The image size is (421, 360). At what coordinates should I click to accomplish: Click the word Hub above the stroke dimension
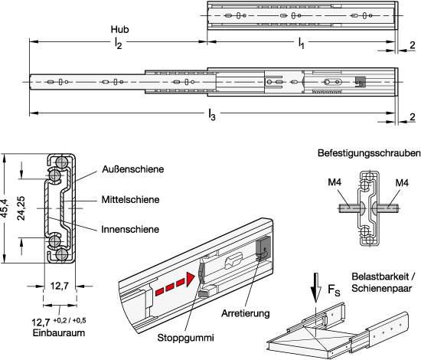pyautogui.click(x=119, y=29)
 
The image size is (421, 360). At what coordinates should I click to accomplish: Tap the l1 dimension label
pyautogui.click(x=302, y=43)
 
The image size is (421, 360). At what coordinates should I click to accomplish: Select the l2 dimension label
pyautogui.click(x=118, y=43)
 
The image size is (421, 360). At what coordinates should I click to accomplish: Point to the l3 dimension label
pyautogui.click(x=212, y=115)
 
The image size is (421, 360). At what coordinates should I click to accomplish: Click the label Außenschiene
pyautogui.click(x=133, y=169)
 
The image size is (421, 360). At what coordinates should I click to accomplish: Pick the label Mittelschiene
pyautogui.click(x=130, y=200)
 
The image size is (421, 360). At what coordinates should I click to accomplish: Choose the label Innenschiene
pyautogui.click(x=130, y=230)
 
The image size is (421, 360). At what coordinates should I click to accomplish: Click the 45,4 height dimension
pyautogui.click(x=5, y=208)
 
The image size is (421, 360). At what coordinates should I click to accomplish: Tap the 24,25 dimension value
pyautogui.click(x=21, y=208)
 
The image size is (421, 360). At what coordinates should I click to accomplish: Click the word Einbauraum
pyautogui.click(x=59, y=333)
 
